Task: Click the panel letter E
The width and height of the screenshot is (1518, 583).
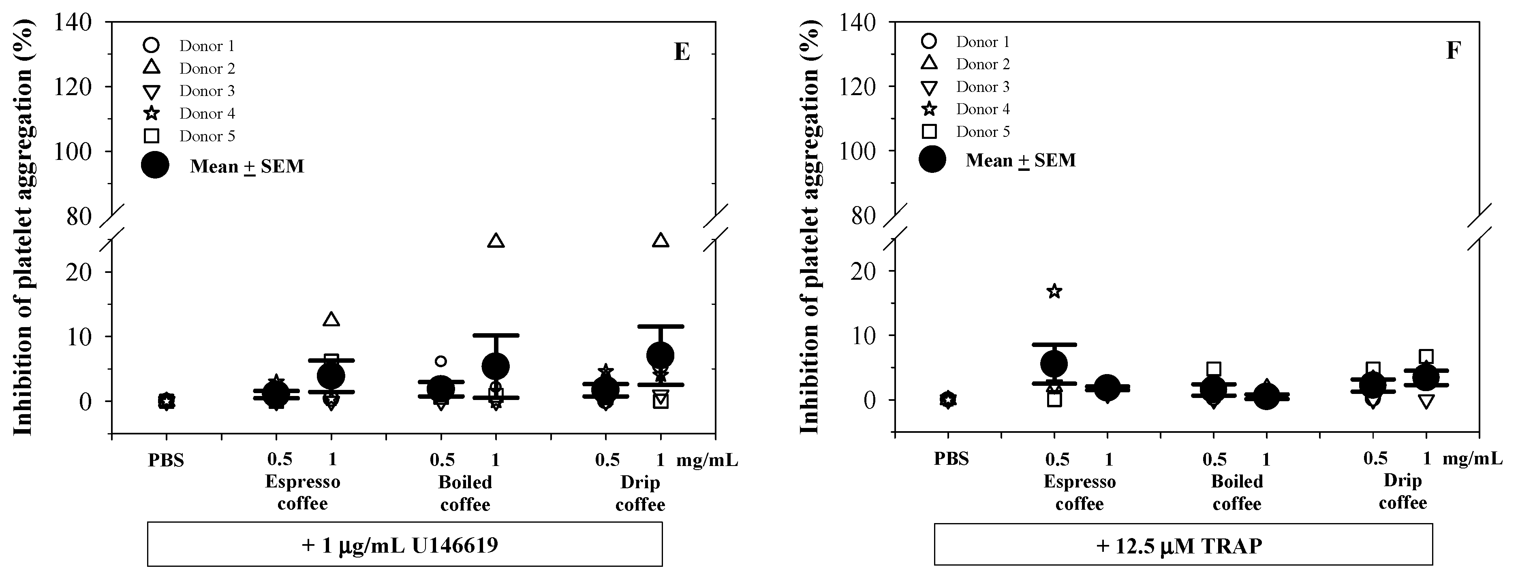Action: pyautogui.click(x=682, y=52)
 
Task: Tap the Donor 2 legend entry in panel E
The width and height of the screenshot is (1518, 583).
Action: pyautogui.click(x=207, y=69)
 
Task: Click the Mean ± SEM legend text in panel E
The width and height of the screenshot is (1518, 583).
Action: pyautogui.click(x=247, y=167)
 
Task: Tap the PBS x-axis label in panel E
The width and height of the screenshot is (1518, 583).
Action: pyautogui.click(x=166, y=460)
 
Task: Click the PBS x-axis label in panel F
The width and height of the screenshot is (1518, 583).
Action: pyautogui.click(x=951, y=459)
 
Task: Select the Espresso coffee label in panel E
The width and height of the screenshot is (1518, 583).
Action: pyautogui.click(x=302, y=493)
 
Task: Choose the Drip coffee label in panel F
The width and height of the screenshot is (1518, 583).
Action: pyautogui.click(x=1403, y=492)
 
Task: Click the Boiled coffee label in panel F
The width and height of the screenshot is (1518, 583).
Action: pyautogui.click(x=1237, y=493)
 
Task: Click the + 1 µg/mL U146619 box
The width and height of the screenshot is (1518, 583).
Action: pyautogui.click(x=404, y=545)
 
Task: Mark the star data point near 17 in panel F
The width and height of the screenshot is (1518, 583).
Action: pyautogui.click(x=1054, y=291)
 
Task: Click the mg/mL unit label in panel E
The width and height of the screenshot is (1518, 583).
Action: pyautogui.click(x=707, y=460)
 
